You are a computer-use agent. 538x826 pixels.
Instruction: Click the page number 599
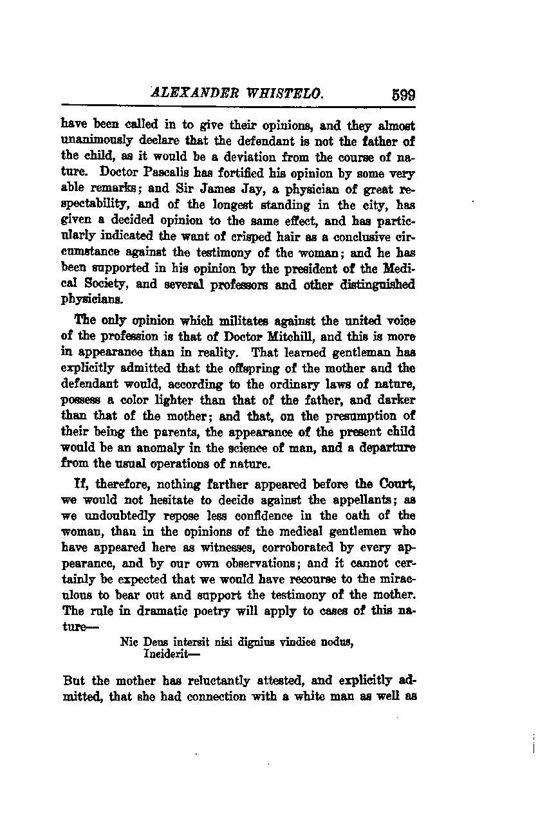click(x=403, y=95)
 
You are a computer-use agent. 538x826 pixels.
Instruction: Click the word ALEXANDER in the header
click(x=187, y=94)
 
